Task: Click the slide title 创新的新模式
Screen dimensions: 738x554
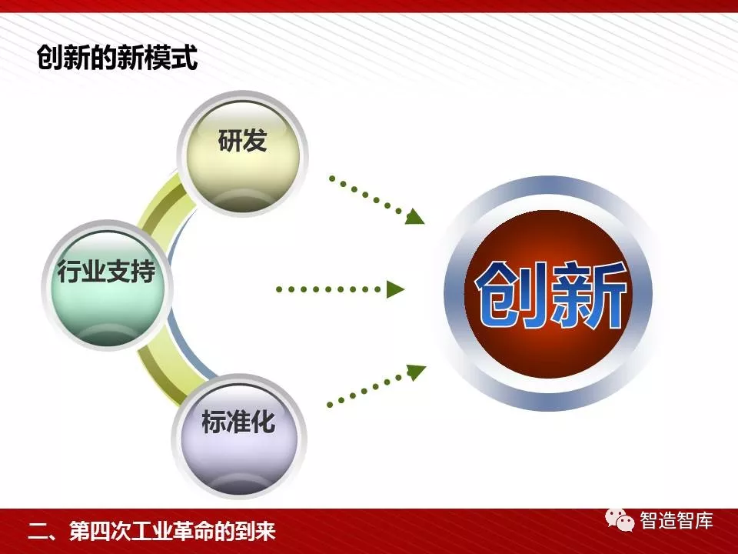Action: coord(117,58)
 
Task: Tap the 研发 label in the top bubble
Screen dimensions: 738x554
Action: coord(242,140)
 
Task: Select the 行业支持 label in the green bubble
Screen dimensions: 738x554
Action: coord(106,272)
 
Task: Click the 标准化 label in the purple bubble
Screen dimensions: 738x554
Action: coord(238,421)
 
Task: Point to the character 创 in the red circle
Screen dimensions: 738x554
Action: coord(511,295)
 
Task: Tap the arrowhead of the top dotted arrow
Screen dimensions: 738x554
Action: coord(414,216)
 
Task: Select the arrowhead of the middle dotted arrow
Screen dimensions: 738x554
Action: coord(395,289)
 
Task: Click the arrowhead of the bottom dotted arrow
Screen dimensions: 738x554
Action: coord(416,372)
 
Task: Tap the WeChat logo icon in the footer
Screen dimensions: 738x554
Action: coord(620,520)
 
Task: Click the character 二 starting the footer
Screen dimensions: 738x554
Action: coord(37,532)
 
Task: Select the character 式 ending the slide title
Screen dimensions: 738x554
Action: coord(184,58)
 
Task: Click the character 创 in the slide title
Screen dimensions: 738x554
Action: coord(50,58)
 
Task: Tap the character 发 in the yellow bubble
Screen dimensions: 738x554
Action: coord(255,140)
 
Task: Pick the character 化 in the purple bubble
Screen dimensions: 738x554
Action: coord(263,421)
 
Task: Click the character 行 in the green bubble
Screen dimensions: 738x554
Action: coord(69,272)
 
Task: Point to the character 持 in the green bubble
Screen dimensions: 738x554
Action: coord(143,272)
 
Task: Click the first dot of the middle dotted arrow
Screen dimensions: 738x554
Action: coord(279,289)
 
